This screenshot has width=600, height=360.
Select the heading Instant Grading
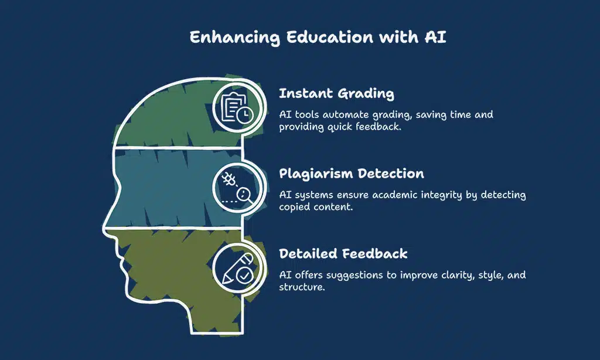pyautogui.click(x=336, y=94)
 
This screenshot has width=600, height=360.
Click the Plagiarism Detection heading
pyautogui.click(x=352, y=174)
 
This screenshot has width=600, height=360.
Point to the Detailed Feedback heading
pyautogui.click(x=343, y=254)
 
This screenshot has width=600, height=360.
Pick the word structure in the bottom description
pyautogui.click(x=301, y=287)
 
